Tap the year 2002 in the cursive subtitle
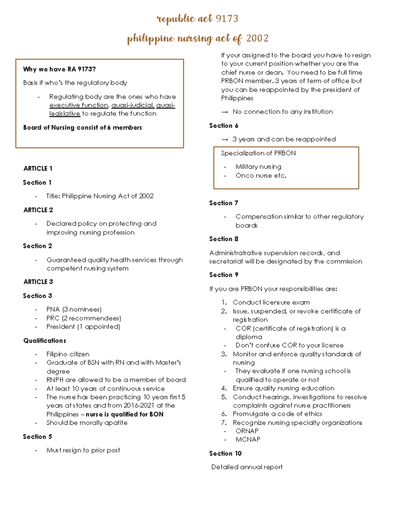[x=257, y=38]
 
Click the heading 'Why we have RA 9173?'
[x=59, y=69]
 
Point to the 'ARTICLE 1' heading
[x=38, y=168]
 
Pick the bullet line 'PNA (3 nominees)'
[x=74, y=310]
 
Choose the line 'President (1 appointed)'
[x=83, y=327]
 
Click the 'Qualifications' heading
[x=45, y=341]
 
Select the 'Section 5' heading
[x=37, y=437]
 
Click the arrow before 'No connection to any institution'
[x=225, y=112]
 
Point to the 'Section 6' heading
[x=224, y=126]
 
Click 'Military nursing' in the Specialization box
[x=258, y=167]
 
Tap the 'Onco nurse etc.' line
[x=261, y=176]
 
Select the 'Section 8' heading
[x=224, y=239]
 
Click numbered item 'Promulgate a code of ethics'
[x=277, y=414]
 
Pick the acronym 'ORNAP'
[x=247, y=431]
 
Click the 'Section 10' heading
[x=225, y=454]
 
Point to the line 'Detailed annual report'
[x=247, y=467]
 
